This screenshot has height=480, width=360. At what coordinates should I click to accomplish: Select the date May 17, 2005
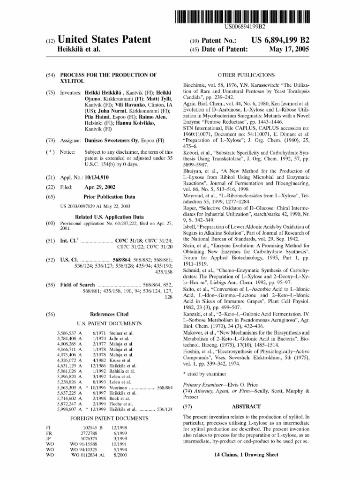[x=289, y=49]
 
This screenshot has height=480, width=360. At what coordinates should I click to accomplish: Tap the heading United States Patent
[x=104, y=39]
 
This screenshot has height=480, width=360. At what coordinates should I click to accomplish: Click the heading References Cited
[x=109, y=315]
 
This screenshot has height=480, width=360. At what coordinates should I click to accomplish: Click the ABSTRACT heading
[x=246, y=407]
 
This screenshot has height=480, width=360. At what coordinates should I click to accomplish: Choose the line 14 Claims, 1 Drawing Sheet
[x=246, y=455]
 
